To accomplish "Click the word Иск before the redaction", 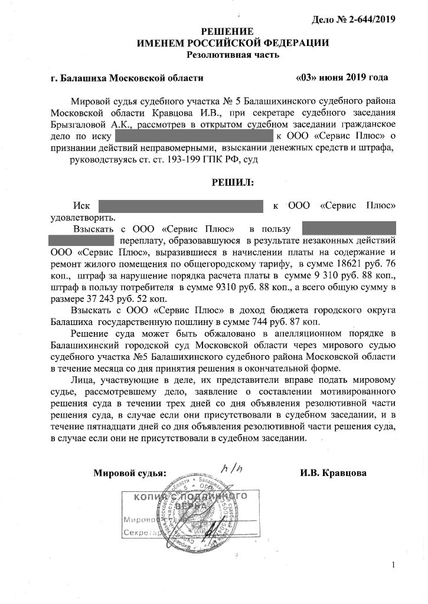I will click(x=81, y=205).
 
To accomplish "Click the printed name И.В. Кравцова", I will click(x=332, y=473).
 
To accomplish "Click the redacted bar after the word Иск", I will click(x=180, y=206).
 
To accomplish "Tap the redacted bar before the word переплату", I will click(x=80, y=240).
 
